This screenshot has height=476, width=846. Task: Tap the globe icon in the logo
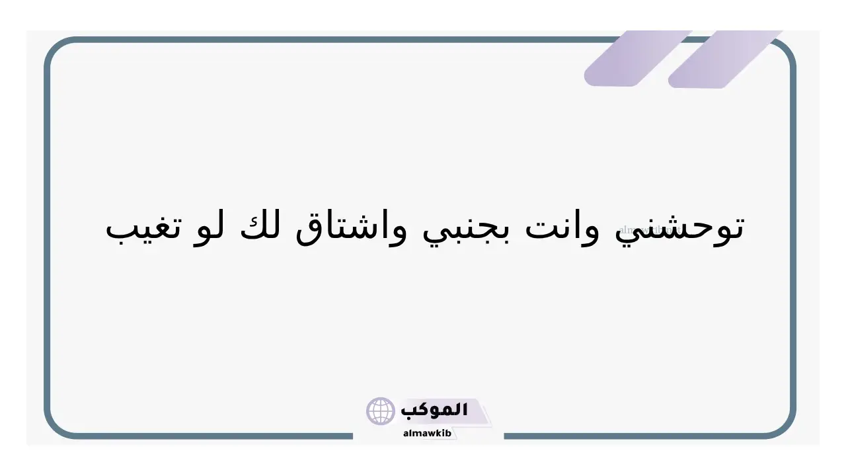(380, 411)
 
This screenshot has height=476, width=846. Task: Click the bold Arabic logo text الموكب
(434, 410)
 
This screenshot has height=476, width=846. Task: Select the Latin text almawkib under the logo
(427, 433)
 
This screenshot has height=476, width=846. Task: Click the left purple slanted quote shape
(638, 58)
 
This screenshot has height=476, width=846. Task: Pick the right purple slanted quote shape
(725, 59)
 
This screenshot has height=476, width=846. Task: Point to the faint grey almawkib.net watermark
(650, 229)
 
